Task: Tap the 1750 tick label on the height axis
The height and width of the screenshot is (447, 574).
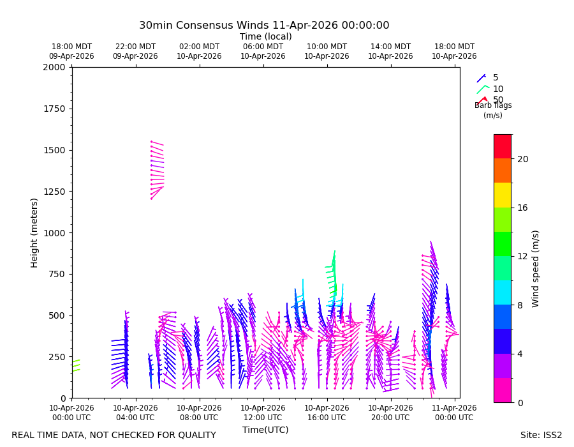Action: [54, 109]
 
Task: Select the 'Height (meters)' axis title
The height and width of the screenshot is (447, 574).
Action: [34, 233]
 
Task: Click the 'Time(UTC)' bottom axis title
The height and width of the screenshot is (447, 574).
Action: [265, 430]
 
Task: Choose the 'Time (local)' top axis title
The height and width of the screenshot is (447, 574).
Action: [266, 36]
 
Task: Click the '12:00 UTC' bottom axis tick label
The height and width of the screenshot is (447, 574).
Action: [263, 418]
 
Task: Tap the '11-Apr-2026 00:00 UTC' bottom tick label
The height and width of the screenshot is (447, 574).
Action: [454, 413]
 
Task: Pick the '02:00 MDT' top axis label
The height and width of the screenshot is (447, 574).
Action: [199, 47]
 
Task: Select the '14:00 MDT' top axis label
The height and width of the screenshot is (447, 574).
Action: [390, 47]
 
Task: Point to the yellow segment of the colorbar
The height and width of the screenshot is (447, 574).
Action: [503, 195]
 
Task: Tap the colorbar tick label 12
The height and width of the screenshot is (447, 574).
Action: [522, 257]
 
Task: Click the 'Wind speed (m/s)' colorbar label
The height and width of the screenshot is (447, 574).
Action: [535, 269]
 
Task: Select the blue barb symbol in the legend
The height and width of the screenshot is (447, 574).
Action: [481, 78]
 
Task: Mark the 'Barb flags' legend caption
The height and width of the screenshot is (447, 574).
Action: [493, 105]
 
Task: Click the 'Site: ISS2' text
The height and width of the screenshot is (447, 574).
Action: [541, 435]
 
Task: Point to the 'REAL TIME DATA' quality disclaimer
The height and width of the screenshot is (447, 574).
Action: [114, 435]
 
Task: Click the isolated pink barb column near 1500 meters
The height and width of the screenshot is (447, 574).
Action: [158, 170]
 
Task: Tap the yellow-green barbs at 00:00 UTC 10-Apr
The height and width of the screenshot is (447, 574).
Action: [76, 366]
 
